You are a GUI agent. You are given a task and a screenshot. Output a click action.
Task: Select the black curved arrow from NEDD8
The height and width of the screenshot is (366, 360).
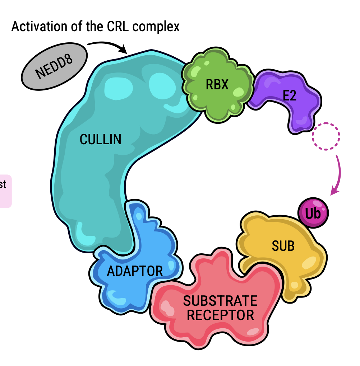(x=106, y=44)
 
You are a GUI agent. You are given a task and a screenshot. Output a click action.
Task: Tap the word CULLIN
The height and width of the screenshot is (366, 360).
(x=101, y=139)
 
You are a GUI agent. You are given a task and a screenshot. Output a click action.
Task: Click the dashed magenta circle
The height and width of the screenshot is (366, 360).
(x=326, y=136)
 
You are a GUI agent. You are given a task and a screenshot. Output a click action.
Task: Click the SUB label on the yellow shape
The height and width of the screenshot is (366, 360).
(x=283, y=246)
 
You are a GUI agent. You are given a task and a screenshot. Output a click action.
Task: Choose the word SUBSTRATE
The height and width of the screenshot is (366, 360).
(x=220, y=300)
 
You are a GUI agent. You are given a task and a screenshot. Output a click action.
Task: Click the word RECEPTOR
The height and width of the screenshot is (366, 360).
(x=221, y=315)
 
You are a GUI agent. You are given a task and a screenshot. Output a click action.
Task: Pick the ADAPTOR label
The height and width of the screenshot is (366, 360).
(x=135, y=271)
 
